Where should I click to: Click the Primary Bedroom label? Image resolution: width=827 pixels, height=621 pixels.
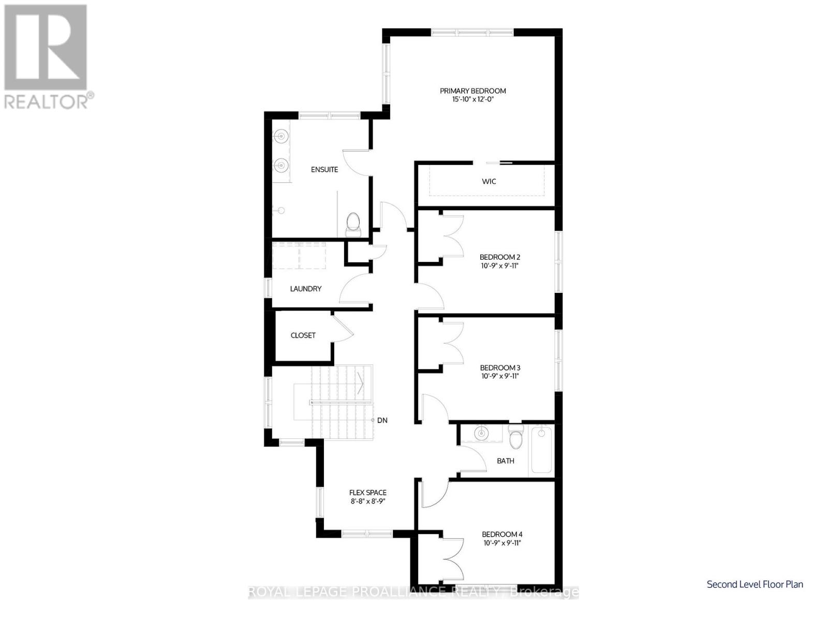tap(472, 91)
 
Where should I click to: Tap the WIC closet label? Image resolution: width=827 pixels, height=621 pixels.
tap(489, 181)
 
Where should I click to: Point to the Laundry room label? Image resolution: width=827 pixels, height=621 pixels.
tap(305, 289)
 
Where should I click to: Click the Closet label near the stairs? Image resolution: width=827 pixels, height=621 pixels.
tap(303, 335)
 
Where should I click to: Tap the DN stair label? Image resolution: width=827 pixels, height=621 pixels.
tap(382, 421)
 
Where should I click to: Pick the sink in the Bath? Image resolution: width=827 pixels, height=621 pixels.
tap(481, 433)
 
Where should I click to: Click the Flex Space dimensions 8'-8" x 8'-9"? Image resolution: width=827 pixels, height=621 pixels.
tap(368, 501)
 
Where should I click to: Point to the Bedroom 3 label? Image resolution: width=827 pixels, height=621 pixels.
tap(499, 368)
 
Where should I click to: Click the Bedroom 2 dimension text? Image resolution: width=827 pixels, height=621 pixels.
tap(499, 266)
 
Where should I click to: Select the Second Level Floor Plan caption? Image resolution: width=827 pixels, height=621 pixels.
tap(755, 584)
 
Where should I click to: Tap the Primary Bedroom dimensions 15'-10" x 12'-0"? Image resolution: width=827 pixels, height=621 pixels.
tap(472, 99)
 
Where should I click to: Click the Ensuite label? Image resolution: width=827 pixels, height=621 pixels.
tap(324, 170)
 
